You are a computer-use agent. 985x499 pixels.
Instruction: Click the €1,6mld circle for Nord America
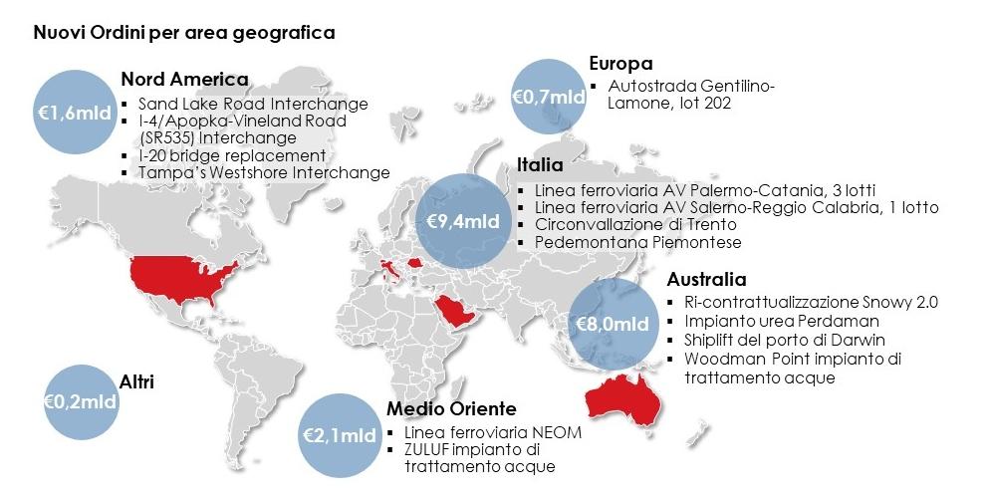pos(75,113)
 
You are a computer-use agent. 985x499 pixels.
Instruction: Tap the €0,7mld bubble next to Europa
pos(549,97)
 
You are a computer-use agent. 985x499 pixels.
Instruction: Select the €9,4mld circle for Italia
pos(457,220)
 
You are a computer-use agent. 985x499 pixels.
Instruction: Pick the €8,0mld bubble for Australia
pos(614,323)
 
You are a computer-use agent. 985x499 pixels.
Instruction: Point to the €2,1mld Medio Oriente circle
pos(339,435)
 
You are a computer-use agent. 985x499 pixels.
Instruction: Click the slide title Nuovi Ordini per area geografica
pos(183,33)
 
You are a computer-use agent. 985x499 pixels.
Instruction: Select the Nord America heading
pos(183,80)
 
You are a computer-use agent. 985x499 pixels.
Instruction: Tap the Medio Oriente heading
pos(450,408)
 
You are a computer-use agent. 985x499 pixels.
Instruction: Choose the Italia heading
pos(540,164)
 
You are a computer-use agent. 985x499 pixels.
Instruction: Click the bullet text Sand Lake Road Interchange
pos(253,104)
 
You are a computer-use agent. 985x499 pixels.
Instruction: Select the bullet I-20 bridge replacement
pos(232,155)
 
